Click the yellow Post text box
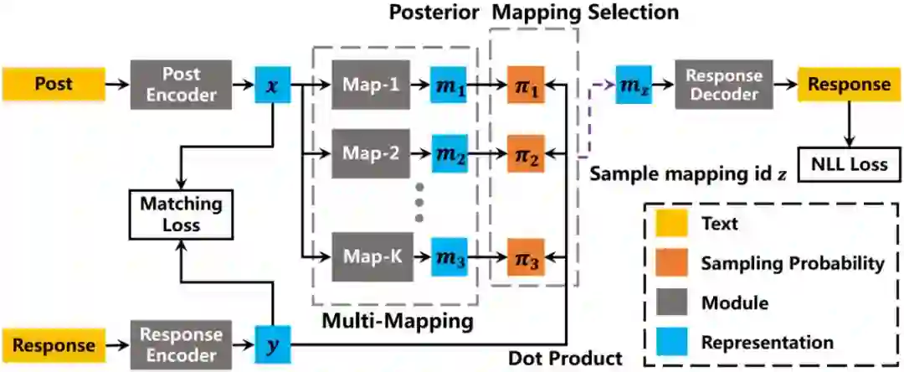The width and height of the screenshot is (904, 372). click(53, 84)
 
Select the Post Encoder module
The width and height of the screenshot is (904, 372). click(181, 84)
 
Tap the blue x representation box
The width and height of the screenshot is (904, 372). click(272, 85)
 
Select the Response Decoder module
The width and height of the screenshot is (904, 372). click(723, 84)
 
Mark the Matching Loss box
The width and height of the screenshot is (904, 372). click(170, 214)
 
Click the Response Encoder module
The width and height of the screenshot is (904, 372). click(181, 344)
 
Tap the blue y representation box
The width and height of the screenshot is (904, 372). click(272, 344)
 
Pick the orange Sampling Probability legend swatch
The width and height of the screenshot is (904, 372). click(669, 263)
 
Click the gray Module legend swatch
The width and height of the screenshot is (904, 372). click(669, 302)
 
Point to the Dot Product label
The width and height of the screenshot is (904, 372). click(566, 359)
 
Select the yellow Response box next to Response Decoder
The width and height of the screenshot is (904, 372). click(848, 84)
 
